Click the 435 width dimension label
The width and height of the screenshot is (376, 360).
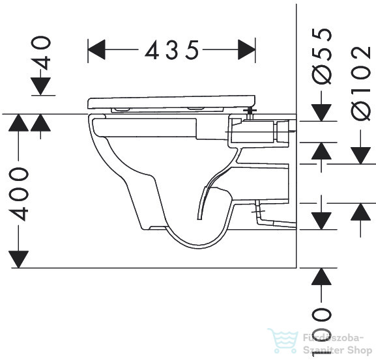tap(172, 50)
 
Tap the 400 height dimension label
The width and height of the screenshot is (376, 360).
tap(19, 194)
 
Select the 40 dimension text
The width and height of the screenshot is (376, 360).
tap(41, 53)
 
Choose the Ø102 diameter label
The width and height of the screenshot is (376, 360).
tap(360, 83)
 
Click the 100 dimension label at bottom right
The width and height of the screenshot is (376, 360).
tap(321, 333)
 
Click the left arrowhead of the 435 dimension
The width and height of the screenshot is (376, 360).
tap(96, 49)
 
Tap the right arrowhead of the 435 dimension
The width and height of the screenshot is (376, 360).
tap(246, 49)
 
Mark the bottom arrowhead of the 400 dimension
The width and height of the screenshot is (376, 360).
tap(19, 259)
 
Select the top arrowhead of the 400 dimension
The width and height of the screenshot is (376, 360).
tap(19, 122)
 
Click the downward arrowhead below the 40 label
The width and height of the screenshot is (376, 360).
tap(41, 86)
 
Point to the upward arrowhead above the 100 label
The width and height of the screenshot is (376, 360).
tap(321, 277)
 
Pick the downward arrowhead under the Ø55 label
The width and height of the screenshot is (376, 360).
tap(321, 113)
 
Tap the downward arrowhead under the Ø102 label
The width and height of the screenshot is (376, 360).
tap(360, 156)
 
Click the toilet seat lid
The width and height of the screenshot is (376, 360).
tap(171, 102)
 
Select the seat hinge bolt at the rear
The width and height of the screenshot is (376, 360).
tap(250, 115)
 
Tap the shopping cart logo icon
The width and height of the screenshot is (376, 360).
tap(283, 340)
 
